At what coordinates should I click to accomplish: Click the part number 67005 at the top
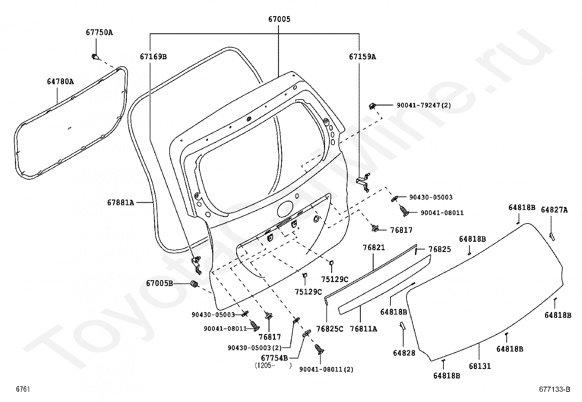[x=278, y=19]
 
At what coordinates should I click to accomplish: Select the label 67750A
[x=99, y=32]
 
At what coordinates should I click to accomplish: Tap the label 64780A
[x=60, y=81]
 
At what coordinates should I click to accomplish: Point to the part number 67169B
[x=153, y=56]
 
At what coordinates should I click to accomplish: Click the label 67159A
[x=362, y=56]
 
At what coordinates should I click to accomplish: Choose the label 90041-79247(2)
[x=424, y=105]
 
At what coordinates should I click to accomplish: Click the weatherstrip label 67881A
[x=120, y=202]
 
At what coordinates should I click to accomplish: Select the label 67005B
[x=159, y=283]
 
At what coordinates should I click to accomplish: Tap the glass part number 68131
[x=479, y=366]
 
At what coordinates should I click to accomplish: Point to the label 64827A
[x=554, y=210]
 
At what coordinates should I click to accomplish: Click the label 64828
[x=404, y=353]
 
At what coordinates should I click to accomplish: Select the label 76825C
[x=330, y=328]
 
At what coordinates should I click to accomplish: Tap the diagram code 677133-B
[x=554, y=390]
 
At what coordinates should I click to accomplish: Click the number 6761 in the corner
[x=23, y=390]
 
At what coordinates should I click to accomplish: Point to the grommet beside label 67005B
[x=195, y=284]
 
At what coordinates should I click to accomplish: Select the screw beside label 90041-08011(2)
[x=319, y=350]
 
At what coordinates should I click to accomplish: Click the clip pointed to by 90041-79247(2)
[x=372, y=106]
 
